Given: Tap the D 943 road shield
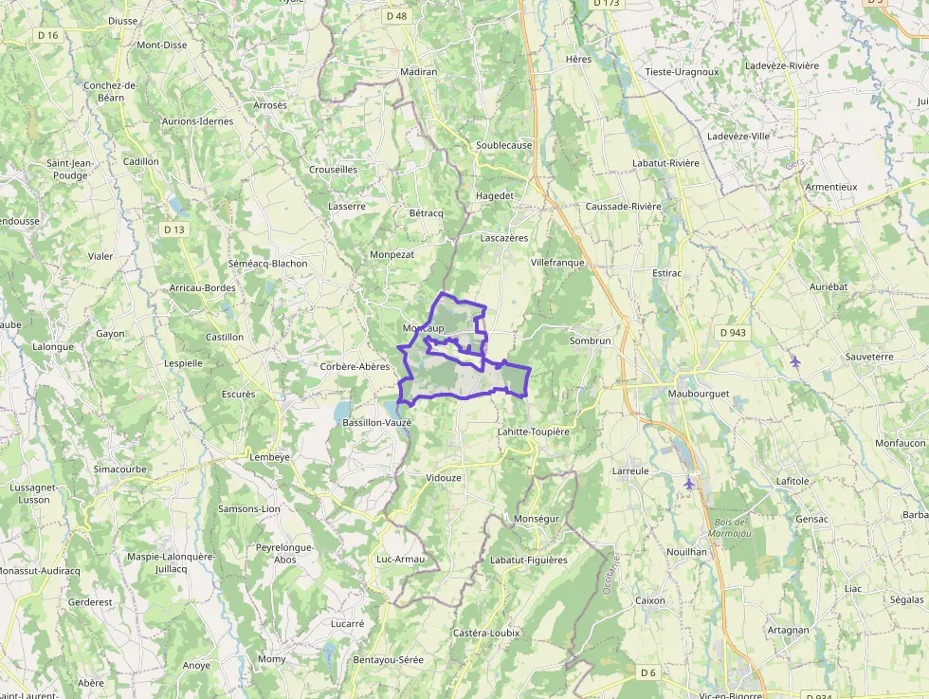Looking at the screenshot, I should tap(732, 332).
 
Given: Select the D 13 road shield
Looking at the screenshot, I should tap(173, 230).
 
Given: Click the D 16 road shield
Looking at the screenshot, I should tap(47, 35).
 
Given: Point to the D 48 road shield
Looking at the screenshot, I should tap(396, 16).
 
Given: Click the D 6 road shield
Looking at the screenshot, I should tap(647, 672).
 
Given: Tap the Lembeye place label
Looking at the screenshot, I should tap(268, 456).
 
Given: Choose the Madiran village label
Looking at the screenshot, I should tap(419, 72).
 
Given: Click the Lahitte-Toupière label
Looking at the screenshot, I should tap(533, 432).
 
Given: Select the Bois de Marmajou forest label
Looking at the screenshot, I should tap(728, 528).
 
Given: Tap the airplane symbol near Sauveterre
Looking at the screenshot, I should tap(794, 360).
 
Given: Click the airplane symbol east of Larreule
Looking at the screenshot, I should tap(689, 484).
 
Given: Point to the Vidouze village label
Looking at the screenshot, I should tap(444, 478).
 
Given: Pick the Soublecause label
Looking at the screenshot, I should tap(503, 145).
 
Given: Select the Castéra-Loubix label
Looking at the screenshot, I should tap(486, 633).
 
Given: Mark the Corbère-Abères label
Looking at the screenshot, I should tap(355, 366).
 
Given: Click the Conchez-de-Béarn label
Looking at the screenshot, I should tap(111, 91).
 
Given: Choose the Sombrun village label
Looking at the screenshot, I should tap(590, 340).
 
